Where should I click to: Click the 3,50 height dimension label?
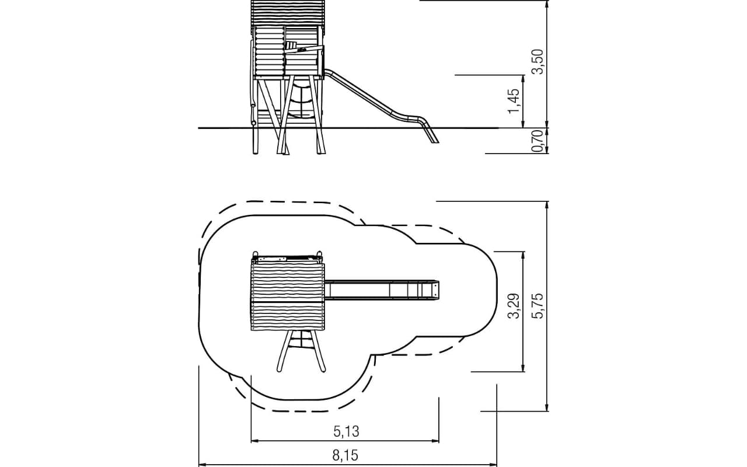pos(537,62)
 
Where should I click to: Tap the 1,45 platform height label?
pos(514,101)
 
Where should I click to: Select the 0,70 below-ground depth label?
pos(537,141)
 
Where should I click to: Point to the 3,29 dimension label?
pos(514,306)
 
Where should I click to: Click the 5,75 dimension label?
pos(537,306)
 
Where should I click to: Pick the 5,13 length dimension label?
pos(347,431)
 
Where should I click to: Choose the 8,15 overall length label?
pos(345,455)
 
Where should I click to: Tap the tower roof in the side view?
pos(288,13)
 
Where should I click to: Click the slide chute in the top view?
pos(382,290)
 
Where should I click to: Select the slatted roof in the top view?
pos(288,296)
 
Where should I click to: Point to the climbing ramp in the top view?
pos(301,350)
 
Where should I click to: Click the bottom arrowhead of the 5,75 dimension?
pos(547,407)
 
